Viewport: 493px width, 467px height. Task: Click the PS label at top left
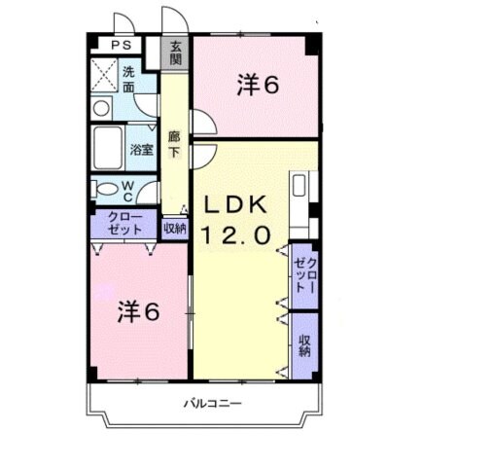pos(122,45)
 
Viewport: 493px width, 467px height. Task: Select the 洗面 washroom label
pos(128,77)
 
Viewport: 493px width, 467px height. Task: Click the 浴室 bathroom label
pos(141,150)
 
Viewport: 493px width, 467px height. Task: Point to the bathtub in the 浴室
pos(110,150)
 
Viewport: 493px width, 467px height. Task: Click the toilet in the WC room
pos(104,189)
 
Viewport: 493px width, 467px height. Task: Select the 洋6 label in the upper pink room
pos(257,86)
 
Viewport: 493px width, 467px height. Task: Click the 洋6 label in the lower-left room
pos(140,312)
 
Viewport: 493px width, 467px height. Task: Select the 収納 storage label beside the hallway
pos(174,230)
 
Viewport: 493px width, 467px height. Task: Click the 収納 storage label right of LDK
pos(304,345)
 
